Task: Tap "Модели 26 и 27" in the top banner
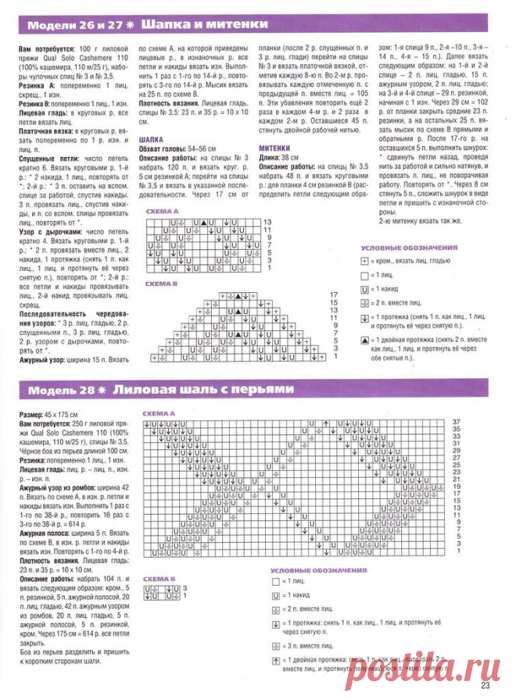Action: point(67,26)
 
